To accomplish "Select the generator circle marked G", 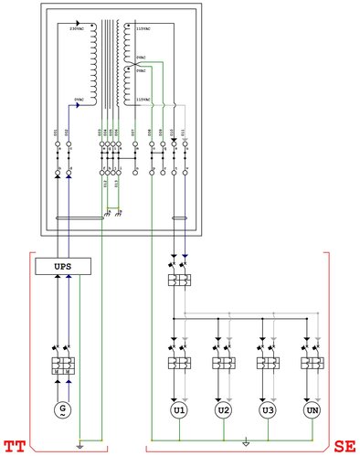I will [61, 408].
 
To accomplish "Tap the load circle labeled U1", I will [179, 410].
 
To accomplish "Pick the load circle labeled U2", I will [223, 410].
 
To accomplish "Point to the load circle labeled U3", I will [267, 410].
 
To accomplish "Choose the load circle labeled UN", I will [312, 410].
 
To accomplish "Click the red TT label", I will [15, 447].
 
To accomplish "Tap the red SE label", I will [344, 447].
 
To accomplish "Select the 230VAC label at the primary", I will [79, 29].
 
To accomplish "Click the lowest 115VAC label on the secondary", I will [143, 99].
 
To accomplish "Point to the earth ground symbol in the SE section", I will [245, 446].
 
